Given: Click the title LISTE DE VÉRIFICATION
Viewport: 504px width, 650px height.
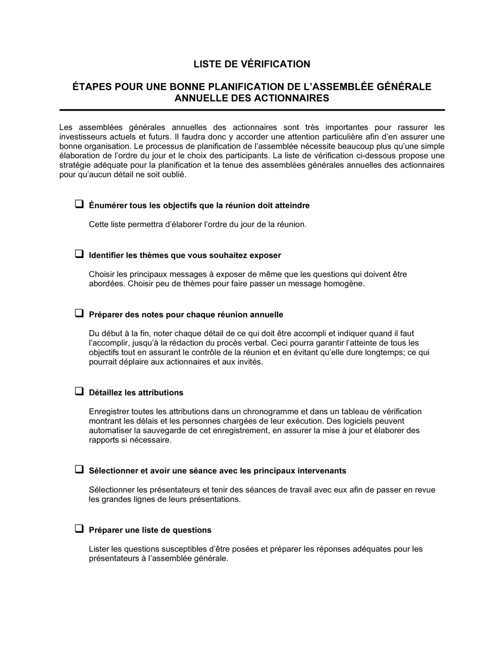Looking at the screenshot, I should pyautogui.click(x=252, y=64).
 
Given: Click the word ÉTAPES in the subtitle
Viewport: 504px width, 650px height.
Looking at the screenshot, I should pyautogui.click(x=91, y=87).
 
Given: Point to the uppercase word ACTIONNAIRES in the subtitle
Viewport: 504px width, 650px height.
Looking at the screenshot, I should pyautogui.click(x=294, y=98).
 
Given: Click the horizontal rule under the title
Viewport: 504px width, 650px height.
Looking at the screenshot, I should pyautogui.click(x=252, y=110).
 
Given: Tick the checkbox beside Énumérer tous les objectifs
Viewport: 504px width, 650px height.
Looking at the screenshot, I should pyautogui.click(x=79, y=205).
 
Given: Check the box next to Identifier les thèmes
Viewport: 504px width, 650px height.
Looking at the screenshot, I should pyautogui.click(x=79, y=254).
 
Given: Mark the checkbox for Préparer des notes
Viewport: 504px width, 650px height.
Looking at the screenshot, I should pyautogui.click(x=79, y=313).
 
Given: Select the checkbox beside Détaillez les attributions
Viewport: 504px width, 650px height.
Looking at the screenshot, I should pyautogui.click(x=79, y=392).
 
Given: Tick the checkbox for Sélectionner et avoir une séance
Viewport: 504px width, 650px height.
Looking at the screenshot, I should pyautogui.click(x=79, y=470).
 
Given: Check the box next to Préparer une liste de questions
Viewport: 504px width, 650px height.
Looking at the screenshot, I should pyautogui.click(x=79, y=529).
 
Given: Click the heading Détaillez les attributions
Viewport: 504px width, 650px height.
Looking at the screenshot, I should pyautogui.click(x=136, y=393).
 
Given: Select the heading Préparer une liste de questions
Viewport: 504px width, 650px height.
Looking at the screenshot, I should pyautogui.click(x=150, y=530).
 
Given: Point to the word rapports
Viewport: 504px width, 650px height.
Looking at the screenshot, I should pyautogui.click(x=103, y=440).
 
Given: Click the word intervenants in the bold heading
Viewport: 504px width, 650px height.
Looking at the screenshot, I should pyautogui.click(x=321, y=471).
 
